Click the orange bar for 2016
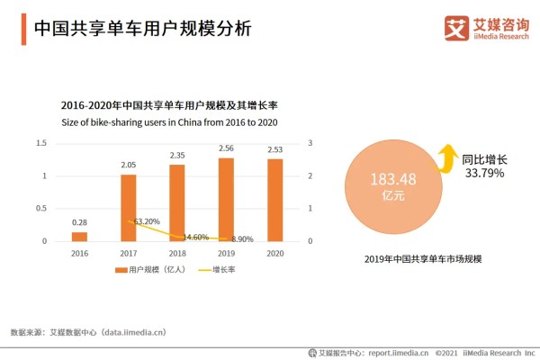(80, 236)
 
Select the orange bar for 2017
(129, 207)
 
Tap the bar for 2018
(177, 202)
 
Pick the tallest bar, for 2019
(226, 199)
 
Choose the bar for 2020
(274, 200)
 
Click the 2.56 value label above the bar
(226, 148)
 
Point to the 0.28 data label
(80, 222)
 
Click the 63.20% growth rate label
(146, 220)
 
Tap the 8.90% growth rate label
(243, 239)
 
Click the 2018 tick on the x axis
(177, 255)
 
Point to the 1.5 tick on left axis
(40, 143)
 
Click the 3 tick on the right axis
(310, 143)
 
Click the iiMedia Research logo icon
(457, 28)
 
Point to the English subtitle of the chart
(168, 121)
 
